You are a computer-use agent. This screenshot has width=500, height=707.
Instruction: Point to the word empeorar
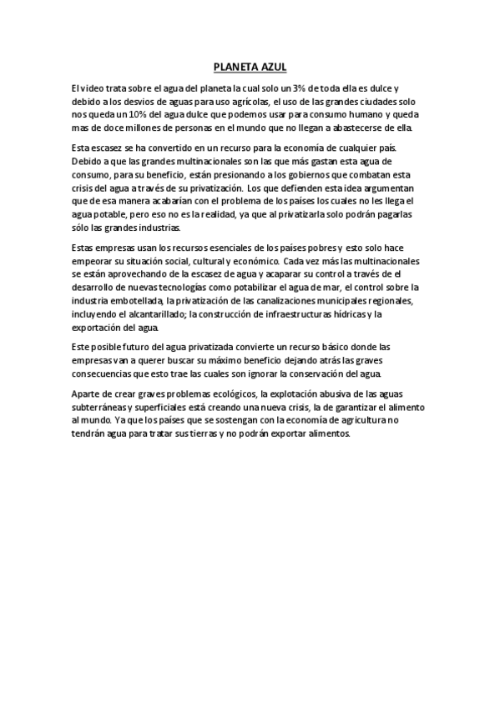(x=92, y=261)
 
